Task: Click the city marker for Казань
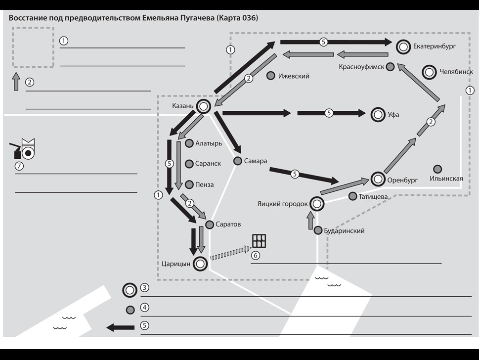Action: [203, 106]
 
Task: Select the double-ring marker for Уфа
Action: [378, 115]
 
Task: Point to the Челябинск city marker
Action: [429, 72]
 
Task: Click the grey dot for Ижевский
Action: [270, 76]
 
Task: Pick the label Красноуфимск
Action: [361, 67]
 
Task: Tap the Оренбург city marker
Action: [378, 180]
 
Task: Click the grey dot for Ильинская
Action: [437, 169]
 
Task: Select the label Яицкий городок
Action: [282, 203]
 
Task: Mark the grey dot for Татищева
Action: [352, 196]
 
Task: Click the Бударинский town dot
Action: [318, 230]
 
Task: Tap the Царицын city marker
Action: [200, 264]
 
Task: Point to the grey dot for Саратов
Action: [209, 225]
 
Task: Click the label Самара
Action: [256, 161]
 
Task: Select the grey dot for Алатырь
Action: [189, 143]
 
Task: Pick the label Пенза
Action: [204, 184]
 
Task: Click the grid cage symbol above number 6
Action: [259, 241]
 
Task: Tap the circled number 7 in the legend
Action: [19, 166]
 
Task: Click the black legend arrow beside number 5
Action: [121, 327]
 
